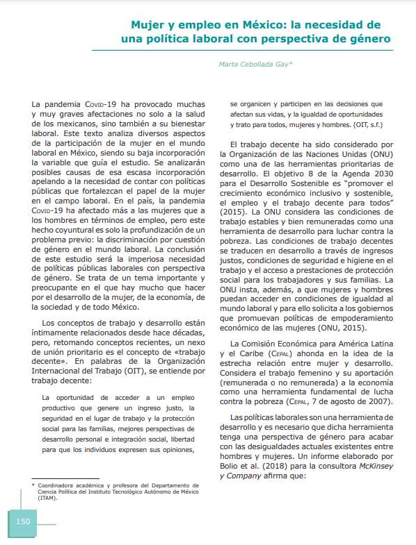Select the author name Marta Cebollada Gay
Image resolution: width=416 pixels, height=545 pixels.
click(256, 64)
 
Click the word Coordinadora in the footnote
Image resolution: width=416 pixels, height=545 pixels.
click(59, 485)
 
